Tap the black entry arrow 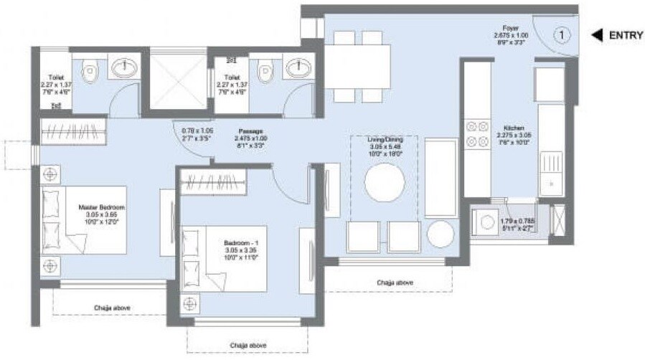[x=595, y=34]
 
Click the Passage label [x=249, y=131]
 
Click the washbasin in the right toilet [x=296, y=69]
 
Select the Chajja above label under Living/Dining [x=395, y=283]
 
